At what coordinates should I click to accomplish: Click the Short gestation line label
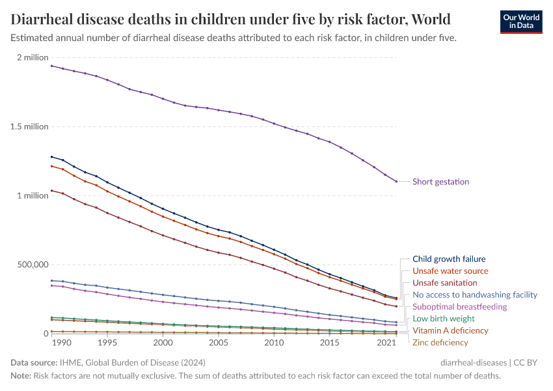440,182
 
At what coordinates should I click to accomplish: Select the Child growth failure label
449,259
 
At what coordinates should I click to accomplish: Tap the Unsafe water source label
450,271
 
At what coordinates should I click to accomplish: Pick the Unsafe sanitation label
445,283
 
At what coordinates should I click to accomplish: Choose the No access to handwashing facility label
475,295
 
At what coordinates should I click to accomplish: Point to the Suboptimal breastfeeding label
459,306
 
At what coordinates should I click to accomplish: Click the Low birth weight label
444,319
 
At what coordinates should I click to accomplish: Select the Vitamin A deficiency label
450,330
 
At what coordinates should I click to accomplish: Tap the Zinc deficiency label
440,342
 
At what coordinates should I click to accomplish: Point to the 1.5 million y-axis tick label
29,126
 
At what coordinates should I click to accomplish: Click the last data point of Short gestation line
396,181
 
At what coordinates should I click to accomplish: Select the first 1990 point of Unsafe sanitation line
51,190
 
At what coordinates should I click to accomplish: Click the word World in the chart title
427,18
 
